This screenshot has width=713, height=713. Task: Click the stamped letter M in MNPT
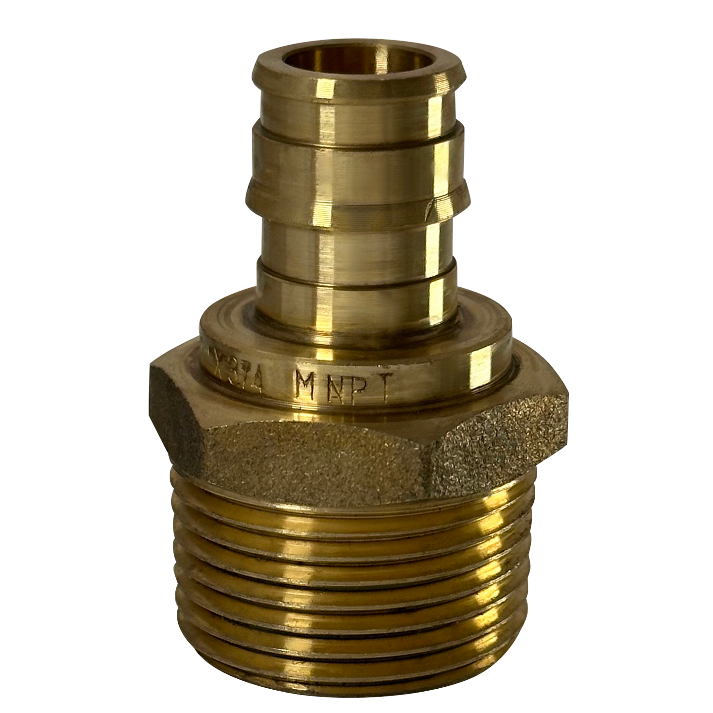point(303,386)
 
